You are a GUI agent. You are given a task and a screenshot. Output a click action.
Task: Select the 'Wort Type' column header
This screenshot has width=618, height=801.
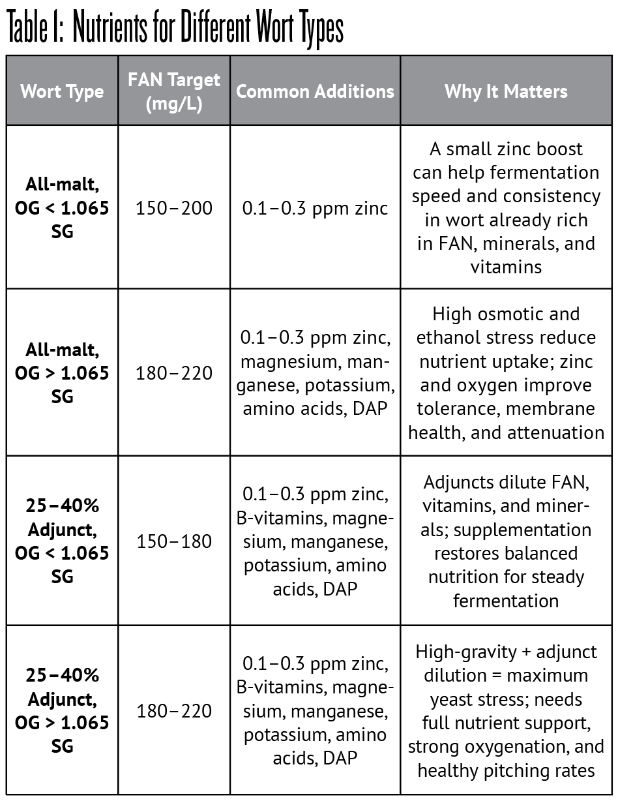62,91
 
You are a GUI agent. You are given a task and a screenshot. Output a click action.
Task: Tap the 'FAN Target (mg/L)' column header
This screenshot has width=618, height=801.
174,91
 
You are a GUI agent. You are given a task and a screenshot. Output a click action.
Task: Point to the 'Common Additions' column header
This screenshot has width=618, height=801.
315,91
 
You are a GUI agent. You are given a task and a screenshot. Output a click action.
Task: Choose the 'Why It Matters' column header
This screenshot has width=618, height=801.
506,91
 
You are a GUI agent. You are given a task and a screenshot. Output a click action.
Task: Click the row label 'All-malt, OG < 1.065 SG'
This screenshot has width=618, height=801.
62,207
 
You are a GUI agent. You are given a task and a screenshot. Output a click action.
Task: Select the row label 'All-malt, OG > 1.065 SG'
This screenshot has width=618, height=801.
62,373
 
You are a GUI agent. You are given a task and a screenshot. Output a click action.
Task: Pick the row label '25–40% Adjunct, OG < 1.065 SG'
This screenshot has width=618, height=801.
62,541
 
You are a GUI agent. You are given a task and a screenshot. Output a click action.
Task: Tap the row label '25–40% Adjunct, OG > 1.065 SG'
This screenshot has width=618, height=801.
62,710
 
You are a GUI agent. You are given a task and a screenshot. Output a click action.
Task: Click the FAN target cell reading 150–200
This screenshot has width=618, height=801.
174,208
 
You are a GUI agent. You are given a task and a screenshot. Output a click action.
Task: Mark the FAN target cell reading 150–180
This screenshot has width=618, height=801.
174,541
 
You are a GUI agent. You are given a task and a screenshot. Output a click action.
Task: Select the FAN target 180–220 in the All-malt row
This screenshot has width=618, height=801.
174,373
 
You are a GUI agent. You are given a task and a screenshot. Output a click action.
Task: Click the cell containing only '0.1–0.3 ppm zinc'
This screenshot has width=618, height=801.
315,208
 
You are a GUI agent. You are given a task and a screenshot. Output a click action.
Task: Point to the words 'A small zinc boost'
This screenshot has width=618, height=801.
506,149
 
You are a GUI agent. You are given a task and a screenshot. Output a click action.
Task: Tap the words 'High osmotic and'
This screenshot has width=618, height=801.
506,314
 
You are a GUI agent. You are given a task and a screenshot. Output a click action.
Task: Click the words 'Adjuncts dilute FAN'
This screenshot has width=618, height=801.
506,483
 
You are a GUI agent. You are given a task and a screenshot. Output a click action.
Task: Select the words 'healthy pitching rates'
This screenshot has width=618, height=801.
506,770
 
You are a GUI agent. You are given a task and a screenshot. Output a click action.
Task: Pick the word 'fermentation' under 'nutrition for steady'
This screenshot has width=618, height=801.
506,600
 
